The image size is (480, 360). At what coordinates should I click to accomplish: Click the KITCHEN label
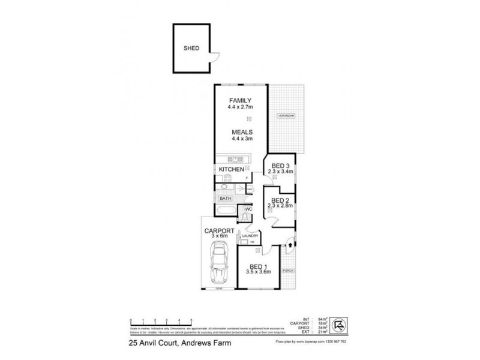click(230, 170)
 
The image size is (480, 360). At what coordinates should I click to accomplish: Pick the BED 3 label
click(280, 166)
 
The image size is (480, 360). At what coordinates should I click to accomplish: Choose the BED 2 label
click(280, 200)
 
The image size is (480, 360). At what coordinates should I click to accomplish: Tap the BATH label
click(226, 198)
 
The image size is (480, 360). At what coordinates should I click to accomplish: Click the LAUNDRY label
click(250, 236)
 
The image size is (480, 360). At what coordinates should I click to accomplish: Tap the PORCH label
click(289, 271)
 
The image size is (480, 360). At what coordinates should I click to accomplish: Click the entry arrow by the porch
click(290, 244)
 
